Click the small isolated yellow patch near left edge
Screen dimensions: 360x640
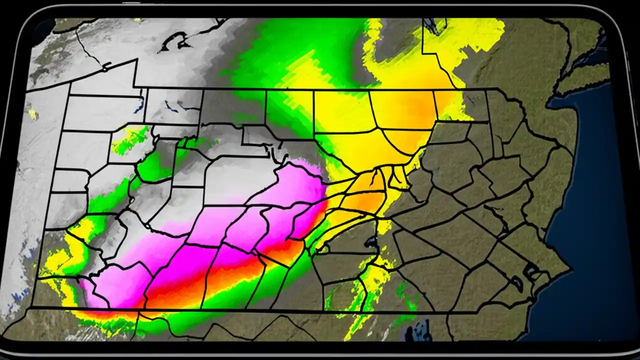(x=33, y=114)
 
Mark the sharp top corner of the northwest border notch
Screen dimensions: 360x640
(x=136, y=60)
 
